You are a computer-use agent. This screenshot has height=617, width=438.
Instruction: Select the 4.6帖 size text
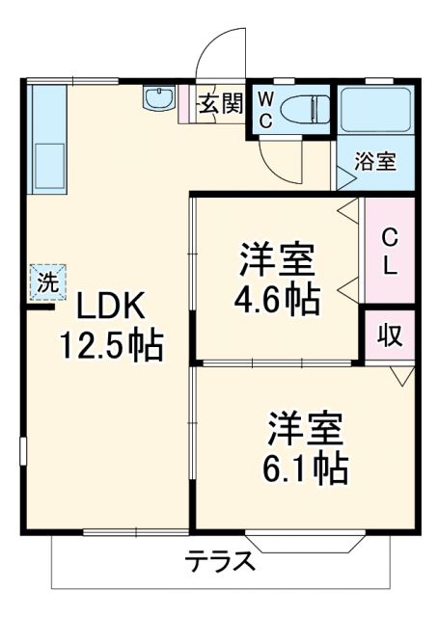pyautogui.click(x=278, y=301)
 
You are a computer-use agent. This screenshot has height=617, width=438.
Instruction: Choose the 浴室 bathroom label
pyautogui.click(x=375, y=161)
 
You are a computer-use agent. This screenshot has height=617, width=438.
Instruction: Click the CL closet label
pyautogui.click(x=389, y=253)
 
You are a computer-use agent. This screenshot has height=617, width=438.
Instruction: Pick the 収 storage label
pyautogui.click(x=389, y=336)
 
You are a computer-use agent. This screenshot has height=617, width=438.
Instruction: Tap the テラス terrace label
pyautogui.click(x=221, y=561)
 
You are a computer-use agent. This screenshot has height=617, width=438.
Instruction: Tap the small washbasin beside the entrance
pyautogui.click(x=157, y=98)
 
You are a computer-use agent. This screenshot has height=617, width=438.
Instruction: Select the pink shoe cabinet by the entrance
pyautogui.click(x=185, y=105)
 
